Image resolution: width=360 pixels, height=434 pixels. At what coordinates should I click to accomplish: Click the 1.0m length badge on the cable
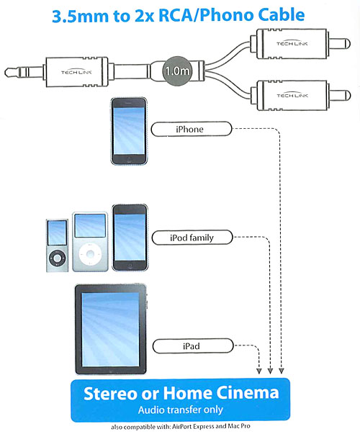[x=177, y=71]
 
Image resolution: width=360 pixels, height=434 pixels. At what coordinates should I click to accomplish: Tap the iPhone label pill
[x=191, y=129]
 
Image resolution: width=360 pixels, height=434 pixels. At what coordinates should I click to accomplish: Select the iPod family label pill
[x=192, y=238]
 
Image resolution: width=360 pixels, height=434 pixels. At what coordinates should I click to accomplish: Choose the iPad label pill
[x=193, y=346]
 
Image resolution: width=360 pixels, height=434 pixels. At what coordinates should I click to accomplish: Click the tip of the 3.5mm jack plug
[x=6, y=73]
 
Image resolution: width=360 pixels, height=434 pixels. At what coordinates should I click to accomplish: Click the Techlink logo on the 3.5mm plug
[x=76, y=72]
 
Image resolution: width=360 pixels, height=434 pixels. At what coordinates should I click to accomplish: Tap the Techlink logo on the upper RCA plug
[x=292, y=43]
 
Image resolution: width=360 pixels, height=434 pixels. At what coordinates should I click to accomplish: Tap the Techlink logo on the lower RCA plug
[x=292, y=95]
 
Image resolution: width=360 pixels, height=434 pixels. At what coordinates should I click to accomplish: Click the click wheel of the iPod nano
[x=57, y=258]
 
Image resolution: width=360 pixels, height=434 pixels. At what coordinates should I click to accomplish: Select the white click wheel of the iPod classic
[x=90, y=254]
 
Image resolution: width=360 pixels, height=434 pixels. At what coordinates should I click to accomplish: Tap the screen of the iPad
[x=110, y=330]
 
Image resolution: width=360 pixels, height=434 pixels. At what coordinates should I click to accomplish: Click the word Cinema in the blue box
[x=247, y=393]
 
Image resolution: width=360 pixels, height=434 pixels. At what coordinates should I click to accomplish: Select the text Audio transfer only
[x=181, y=410]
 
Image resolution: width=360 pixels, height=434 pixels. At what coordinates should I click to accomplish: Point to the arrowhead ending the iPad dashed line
[x=259, y=371]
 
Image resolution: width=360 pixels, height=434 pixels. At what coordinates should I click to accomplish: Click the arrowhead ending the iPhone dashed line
[x=282, y=371]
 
